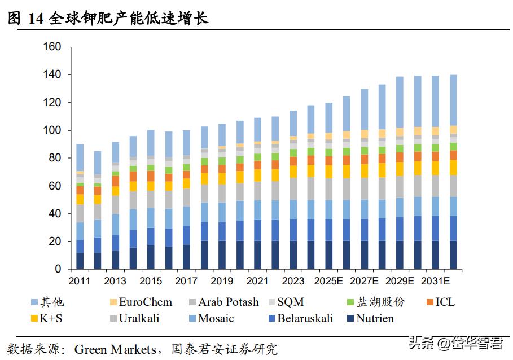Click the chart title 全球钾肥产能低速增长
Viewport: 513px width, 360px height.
(x=129, y=19)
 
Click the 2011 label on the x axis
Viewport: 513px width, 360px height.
(x=80, y=281)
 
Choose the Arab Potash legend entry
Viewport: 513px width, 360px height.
(x=228, y=302)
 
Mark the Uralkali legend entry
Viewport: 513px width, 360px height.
(x=139, y=318)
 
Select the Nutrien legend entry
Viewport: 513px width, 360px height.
(x=375, y=318)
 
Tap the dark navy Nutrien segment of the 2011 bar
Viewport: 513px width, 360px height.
(x=80, y=261)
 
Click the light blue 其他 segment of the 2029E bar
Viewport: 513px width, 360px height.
(x=400, y=102)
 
